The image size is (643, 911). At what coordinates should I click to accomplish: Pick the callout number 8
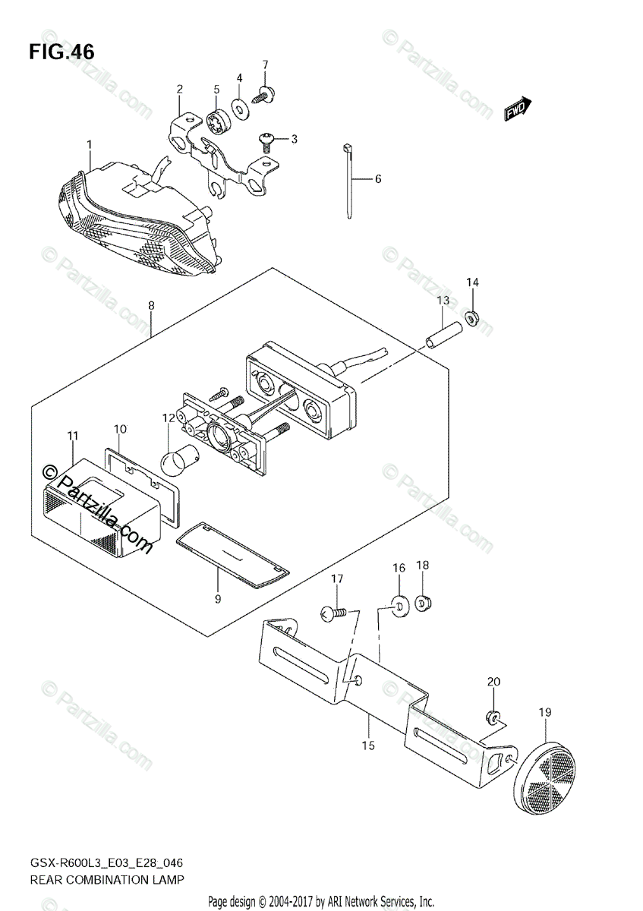click(151, 305)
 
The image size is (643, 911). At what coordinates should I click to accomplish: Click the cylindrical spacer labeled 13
click(445, 334)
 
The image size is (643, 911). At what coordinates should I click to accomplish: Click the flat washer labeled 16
click(399, 604)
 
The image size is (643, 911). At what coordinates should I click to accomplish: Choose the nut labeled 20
click(492, 716)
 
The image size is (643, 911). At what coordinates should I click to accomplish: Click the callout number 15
click(368, 746)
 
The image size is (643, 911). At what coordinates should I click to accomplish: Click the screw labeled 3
click(268, 139)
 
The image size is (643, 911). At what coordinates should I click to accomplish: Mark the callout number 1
click(89, 143)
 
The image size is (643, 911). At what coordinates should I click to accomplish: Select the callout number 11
click(72, 435)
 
